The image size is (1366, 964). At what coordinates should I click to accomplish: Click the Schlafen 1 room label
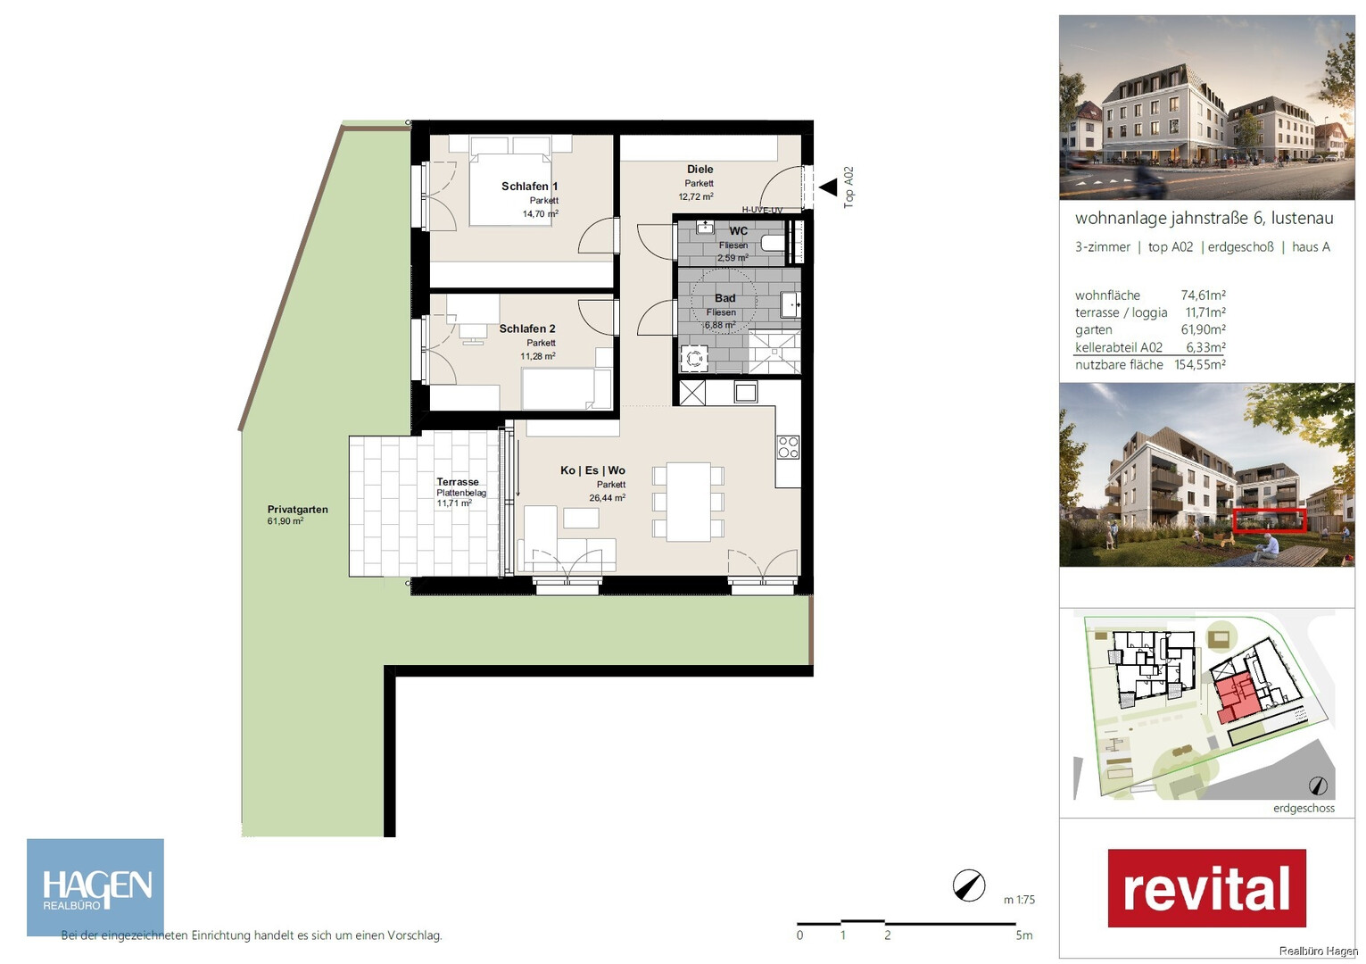(x=529, y=186)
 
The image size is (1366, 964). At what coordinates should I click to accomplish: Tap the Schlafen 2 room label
(x=527, y=328)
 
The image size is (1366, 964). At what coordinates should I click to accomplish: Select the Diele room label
(x=700, y=169)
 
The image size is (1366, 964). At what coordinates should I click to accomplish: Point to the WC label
(x=738, y=231)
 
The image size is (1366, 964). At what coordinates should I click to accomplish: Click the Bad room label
(x=724, y=298)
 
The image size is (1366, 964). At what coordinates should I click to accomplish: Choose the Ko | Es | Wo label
(x=592, y=470)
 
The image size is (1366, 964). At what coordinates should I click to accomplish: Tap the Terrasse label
(x=458, y=482)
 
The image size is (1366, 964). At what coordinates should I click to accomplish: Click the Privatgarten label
(x=298, y=510)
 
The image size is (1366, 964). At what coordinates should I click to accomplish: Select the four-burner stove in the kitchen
(x=788, y=447)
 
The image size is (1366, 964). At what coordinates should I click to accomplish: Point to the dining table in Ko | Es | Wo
(x=689, y=503)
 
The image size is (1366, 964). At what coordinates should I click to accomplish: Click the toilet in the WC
(x=773, y=244)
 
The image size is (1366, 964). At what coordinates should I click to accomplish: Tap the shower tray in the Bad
(x=774, y=352)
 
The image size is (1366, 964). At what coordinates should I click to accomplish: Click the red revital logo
(x=1207, y=888)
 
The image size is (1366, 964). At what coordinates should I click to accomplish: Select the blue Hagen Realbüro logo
(x=95, y=887)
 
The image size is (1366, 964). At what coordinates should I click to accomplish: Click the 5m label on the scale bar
(x=1024, y=935)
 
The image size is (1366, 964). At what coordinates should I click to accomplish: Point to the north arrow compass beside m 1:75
(x=969, y=886)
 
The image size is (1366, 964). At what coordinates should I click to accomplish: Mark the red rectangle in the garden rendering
(x=1270, y=519)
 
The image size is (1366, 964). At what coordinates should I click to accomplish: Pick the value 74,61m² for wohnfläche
(x=1204, y=295)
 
